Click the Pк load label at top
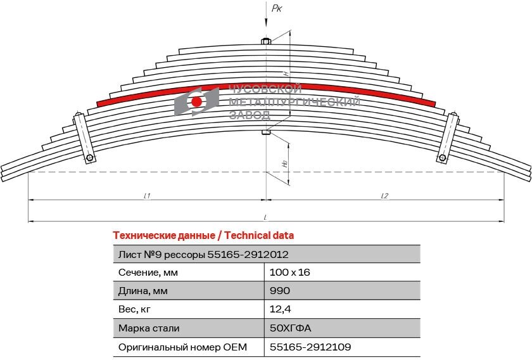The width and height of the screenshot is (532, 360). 276,8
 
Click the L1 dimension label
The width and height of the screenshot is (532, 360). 146,196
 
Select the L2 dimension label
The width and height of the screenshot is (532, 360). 384,196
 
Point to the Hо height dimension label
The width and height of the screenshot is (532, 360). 284,163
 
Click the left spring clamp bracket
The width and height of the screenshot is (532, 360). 84,137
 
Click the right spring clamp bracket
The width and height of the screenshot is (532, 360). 448,137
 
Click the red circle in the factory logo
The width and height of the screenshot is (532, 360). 197,101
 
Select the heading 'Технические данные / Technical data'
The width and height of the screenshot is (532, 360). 203,236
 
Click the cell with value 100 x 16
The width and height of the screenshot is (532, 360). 289,273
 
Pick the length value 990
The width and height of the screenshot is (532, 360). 279,292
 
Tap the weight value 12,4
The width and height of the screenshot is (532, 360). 279,310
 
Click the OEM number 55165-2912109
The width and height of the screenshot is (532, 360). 310,347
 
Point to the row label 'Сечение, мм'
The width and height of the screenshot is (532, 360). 148,273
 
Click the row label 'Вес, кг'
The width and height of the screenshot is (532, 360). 135,310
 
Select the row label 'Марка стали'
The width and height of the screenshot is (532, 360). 149,328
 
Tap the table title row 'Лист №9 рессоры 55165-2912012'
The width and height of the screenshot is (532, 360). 203,254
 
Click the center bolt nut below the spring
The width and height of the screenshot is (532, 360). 266,132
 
